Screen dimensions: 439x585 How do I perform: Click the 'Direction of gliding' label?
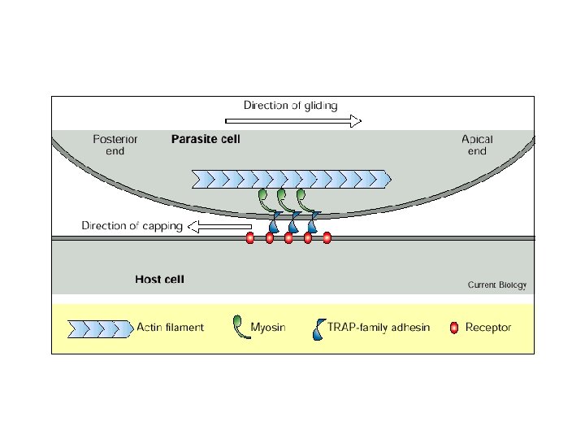coord(290,105)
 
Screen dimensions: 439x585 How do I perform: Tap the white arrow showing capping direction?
coord(219,226)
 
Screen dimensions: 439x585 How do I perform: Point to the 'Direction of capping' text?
coord(132,226)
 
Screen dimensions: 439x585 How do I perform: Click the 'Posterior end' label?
coord(115,145)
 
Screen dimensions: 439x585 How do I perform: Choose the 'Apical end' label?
coord(477,145)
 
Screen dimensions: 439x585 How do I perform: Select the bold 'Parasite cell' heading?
coord(206,139)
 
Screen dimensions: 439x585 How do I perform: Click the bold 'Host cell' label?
coord(159,280)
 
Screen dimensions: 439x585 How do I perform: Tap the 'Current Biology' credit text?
coord(496,285)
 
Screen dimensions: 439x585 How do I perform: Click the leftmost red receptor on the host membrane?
coord(249,238)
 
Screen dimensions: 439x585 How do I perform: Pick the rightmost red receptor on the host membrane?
coord(327,238)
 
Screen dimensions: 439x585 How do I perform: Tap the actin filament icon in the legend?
coord(98,328)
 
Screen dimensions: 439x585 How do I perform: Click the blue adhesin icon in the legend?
coord(318,328)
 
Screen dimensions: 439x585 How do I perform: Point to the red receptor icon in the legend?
coord(454,328)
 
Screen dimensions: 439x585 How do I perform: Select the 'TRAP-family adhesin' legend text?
coord(378,328)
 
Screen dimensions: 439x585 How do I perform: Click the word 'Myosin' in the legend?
coord(267,328)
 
